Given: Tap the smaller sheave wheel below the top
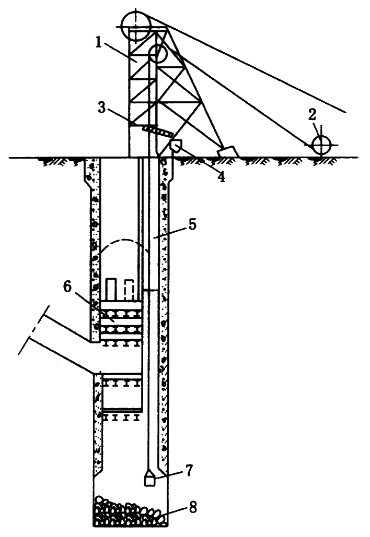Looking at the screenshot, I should point(158,54).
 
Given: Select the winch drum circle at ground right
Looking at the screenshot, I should point(320,145).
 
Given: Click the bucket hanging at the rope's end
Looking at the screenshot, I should point(150,480).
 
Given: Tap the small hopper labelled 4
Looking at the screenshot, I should point(176,146).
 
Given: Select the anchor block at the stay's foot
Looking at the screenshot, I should point(227,151).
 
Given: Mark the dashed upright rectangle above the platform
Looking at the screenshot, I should point(129,289).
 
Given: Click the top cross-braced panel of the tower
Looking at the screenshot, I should point(142,52).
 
